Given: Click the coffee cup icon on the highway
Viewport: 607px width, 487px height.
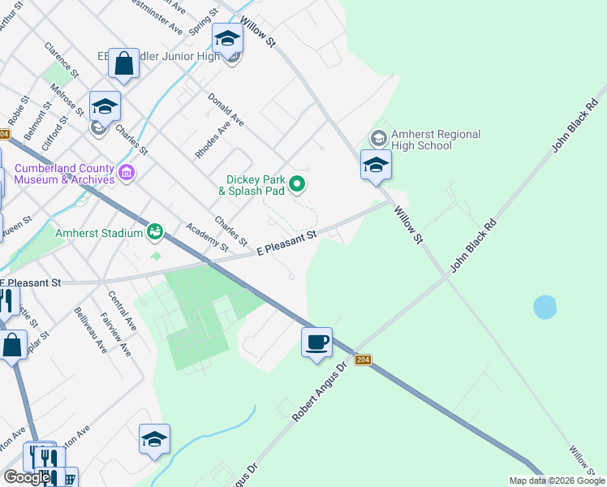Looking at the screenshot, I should (317, 342).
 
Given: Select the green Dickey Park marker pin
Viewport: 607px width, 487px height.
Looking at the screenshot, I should (297, 185).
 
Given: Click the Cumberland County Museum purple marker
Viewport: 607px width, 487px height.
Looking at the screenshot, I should (126, 172).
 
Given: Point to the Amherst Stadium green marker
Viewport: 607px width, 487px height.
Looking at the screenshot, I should (153, 233).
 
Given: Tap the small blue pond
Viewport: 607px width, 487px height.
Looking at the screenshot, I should (545, 307).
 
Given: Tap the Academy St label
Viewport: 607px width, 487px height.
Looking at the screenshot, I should (206, 237).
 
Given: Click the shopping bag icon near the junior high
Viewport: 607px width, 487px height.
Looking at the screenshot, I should (123, 63).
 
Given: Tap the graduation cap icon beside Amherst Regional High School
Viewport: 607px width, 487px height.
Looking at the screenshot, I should (376, 165).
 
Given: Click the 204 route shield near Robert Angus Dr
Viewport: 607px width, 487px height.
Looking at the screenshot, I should (363, 359).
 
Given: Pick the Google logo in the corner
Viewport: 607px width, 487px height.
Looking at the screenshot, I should (27, 477).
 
